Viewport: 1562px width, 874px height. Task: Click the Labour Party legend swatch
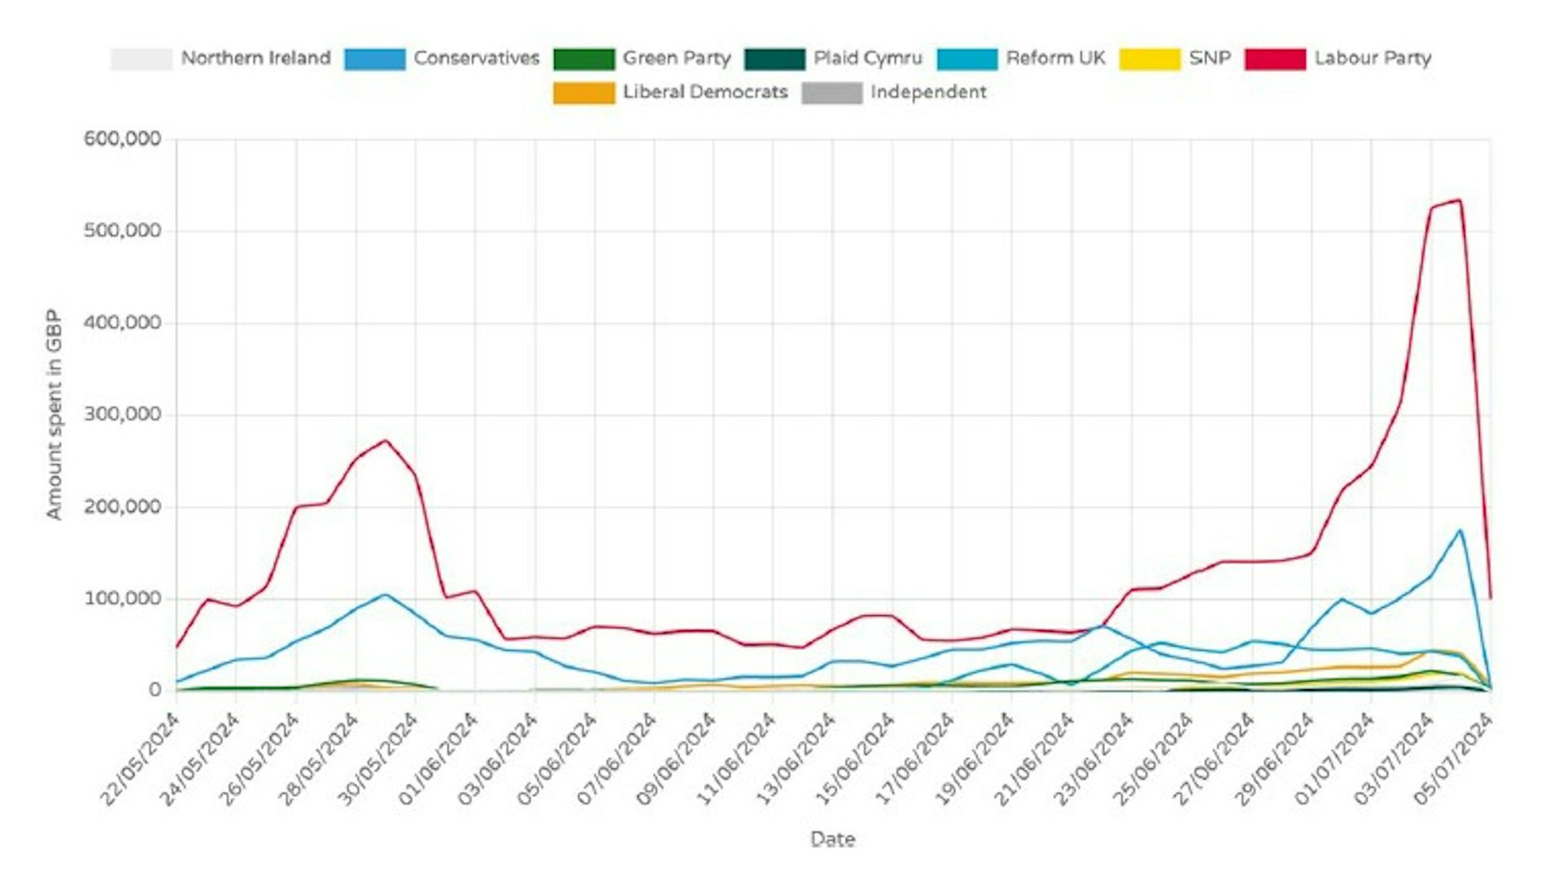pyautogui.click(x=1274, y=59)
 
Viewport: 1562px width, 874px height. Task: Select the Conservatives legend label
pyautogui.click(x=476, y=59)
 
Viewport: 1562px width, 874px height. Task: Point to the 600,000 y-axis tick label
pyautogui.click(x=122, y=139)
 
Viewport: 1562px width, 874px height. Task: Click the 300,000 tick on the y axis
pyautogui.click(x=122, y=415)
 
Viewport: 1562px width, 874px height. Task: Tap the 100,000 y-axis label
pyautogui.click(x=122, y=599)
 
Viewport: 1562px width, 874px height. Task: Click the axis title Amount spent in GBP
pyautogui.click(x=54, y=413)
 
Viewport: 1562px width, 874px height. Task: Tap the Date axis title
pyautogui.click(x=832, y=839)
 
